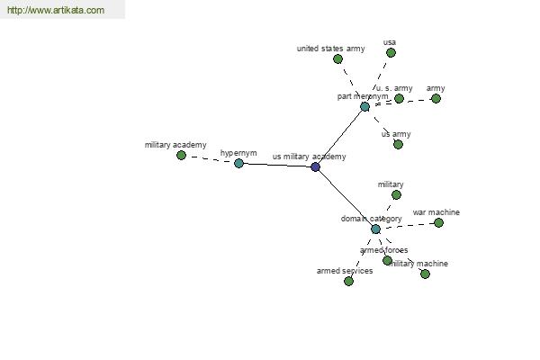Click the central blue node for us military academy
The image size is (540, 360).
point(315,166)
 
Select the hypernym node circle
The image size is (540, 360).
point(238,163)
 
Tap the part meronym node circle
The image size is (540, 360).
point(364,106)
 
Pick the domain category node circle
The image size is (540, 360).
point(375,229)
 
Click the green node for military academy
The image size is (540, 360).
point(181,155)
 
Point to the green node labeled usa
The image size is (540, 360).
point(391,52)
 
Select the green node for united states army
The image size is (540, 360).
point(337,58)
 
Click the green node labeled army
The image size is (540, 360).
point(436,98)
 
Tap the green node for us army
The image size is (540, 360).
point(398,144)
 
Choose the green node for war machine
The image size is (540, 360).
point(438,222)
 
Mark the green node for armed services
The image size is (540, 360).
point(348,281)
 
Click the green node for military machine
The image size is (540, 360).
point(425,274)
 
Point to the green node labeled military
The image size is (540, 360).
point(396,194)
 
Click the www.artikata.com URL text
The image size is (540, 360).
point(55,11)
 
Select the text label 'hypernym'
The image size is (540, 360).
point(238,153)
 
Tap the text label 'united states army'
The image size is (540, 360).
point(330,49)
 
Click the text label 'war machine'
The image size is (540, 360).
point(436,212)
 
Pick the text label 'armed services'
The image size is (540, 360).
point(344,270)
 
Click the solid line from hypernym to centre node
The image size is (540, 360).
point(277,165)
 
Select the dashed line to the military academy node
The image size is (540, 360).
point(210,159)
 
